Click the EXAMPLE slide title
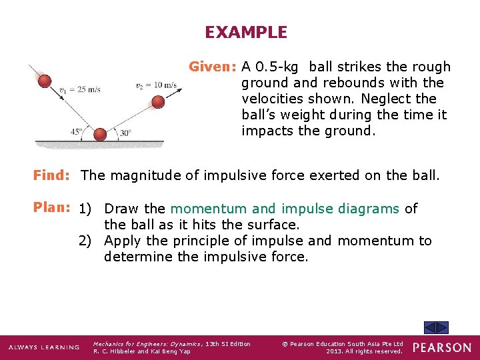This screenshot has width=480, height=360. (246, 32)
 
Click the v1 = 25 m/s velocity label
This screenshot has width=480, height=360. (80, 89)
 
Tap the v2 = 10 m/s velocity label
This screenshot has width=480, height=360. (156, 85)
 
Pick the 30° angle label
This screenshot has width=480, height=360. (125, 133)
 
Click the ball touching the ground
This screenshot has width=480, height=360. (99, 134)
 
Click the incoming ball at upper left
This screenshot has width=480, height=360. (45, 81)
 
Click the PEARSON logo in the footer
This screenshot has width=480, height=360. (441, 347)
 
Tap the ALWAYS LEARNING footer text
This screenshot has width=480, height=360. (43, 347)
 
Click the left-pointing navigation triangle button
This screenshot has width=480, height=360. (431, 327)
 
